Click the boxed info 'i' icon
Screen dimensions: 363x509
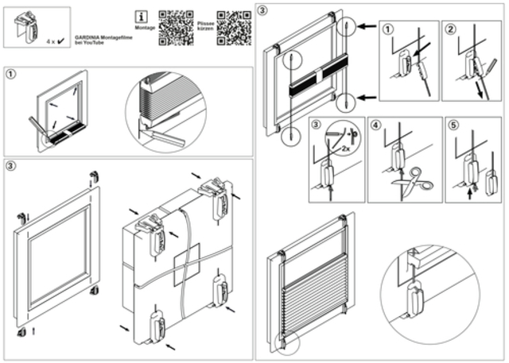(x=142, y=16)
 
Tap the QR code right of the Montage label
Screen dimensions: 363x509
(x=177, y=28)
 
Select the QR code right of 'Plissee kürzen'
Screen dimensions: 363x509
(x=234, y=28)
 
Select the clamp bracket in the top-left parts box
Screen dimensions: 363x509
(x=29, y=28)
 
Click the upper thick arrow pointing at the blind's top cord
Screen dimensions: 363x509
(x=364, y=26)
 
